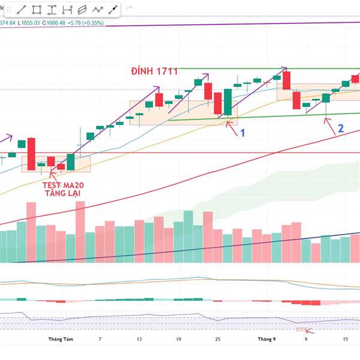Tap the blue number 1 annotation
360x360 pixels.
click(243, 133)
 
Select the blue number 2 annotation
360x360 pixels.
click(340, 128)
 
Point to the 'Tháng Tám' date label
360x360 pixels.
click(61, 339)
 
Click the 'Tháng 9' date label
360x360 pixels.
click(266, 339)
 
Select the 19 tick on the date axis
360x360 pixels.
click(178, 339)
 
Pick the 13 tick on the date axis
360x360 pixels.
click(139, 339)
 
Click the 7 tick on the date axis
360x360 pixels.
click(100, 339)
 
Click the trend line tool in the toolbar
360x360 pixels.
click(22, 10)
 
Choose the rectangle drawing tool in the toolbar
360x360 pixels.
click(37, 10)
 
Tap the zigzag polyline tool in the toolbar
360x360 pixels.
click(97, 10)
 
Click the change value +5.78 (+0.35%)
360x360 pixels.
click(85, 23)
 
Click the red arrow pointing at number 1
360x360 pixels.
click(230, 125)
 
